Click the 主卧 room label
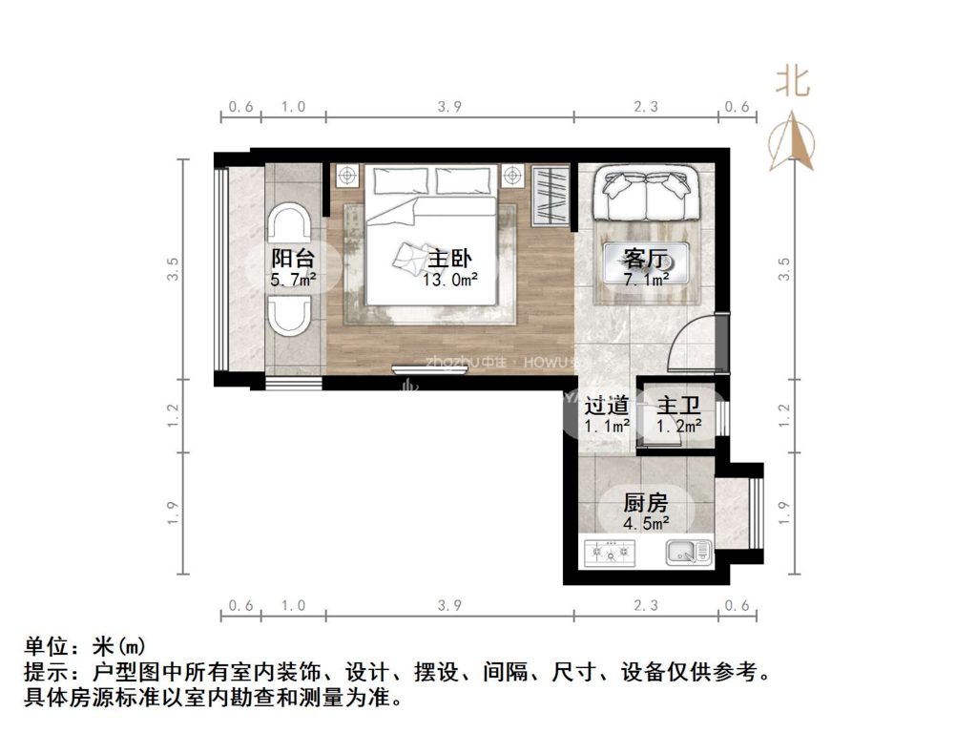pos(450,259)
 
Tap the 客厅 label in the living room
pos(645,259)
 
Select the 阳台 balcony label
pos(292,259)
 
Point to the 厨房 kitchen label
pos(645,503)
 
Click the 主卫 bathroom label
pos(679,406)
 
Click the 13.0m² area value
pos(450,280)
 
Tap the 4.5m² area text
pos(645,524)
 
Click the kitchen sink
pos(688,551)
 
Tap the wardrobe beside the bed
pos(551,196)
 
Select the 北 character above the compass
pos(793,80)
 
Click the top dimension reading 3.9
pos(449,107)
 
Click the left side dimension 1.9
pos(173,512)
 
